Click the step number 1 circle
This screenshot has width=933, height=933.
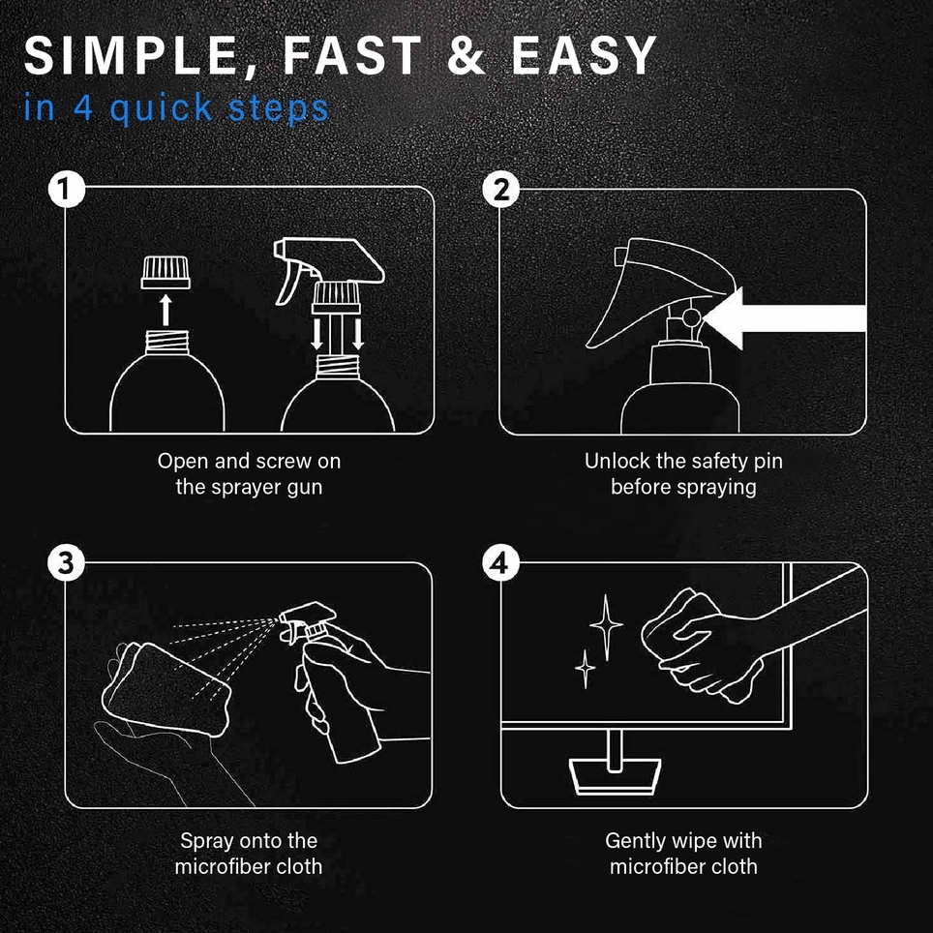coord(66,191)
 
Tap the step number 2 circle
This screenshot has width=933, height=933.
coord(501,191)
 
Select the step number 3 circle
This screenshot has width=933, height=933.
coord(66,563)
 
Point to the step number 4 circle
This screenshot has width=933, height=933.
coord(501,563)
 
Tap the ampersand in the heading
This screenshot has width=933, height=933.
coord(468,55)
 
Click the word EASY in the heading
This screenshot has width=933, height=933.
coord(585,55)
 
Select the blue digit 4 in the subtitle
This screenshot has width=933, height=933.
coord(83,107)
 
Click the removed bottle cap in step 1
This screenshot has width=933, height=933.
coord(166,273)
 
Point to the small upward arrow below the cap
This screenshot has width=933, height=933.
coord(166,312)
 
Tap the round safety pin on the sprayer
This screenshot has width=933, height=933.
coord(691,317)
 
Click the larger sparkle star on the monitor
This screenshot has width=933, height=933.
coord(606,626)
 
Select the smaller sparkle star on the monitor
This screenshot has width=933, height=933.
coord(585,669)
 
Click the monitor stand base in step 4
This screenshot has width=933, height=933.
coord(616,776)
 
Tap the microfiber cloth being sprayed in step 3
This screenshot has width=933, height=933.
coord(166,690)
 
